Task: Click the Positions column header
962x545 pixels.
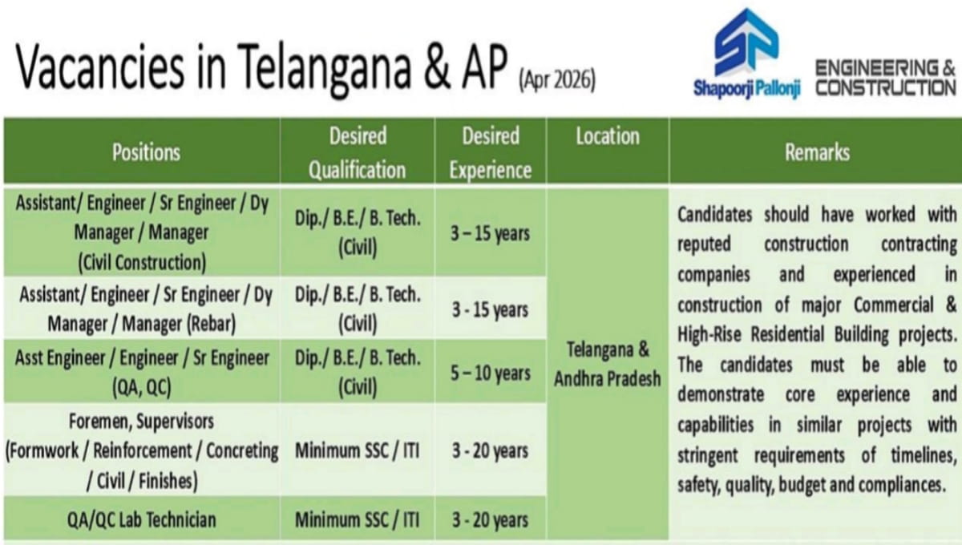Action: (x=145, y=151)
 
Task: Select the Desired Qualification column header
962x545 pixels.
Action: (x=357, y=151)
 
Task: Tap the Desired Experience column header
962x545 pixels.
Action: (x=490, y=151)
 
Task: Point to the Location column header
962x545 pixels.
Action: (x=607, y=137)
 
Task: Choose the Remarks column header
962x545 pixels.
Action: (x=817, y=151)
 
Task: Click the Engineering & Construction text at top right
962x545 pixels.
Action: (x=884, y=78)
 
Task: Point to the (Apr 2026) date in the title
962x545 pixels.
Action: (x=556, y=81)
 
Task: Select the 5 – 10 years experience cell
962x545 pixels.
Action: (x=490, y=373)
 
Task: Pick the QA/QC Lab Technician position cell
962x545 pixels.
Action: (x=141, y=519)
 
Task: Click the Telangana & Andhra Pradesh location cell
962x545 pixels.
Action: (x=607, y=365)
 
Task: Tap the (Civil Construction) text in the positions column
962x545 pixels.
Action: (x=142, y=261)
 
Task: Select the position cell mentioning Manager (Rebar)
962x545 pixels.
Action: (x=142, y=309)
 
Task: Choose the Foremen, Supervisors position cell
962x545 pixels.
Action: (x=142, y=450)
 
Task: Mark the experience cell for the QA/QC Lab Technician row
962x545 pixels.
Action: (x=490, y=519)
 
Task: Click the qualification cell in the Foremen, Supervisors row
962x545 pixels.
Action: (x=357, y=450)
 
